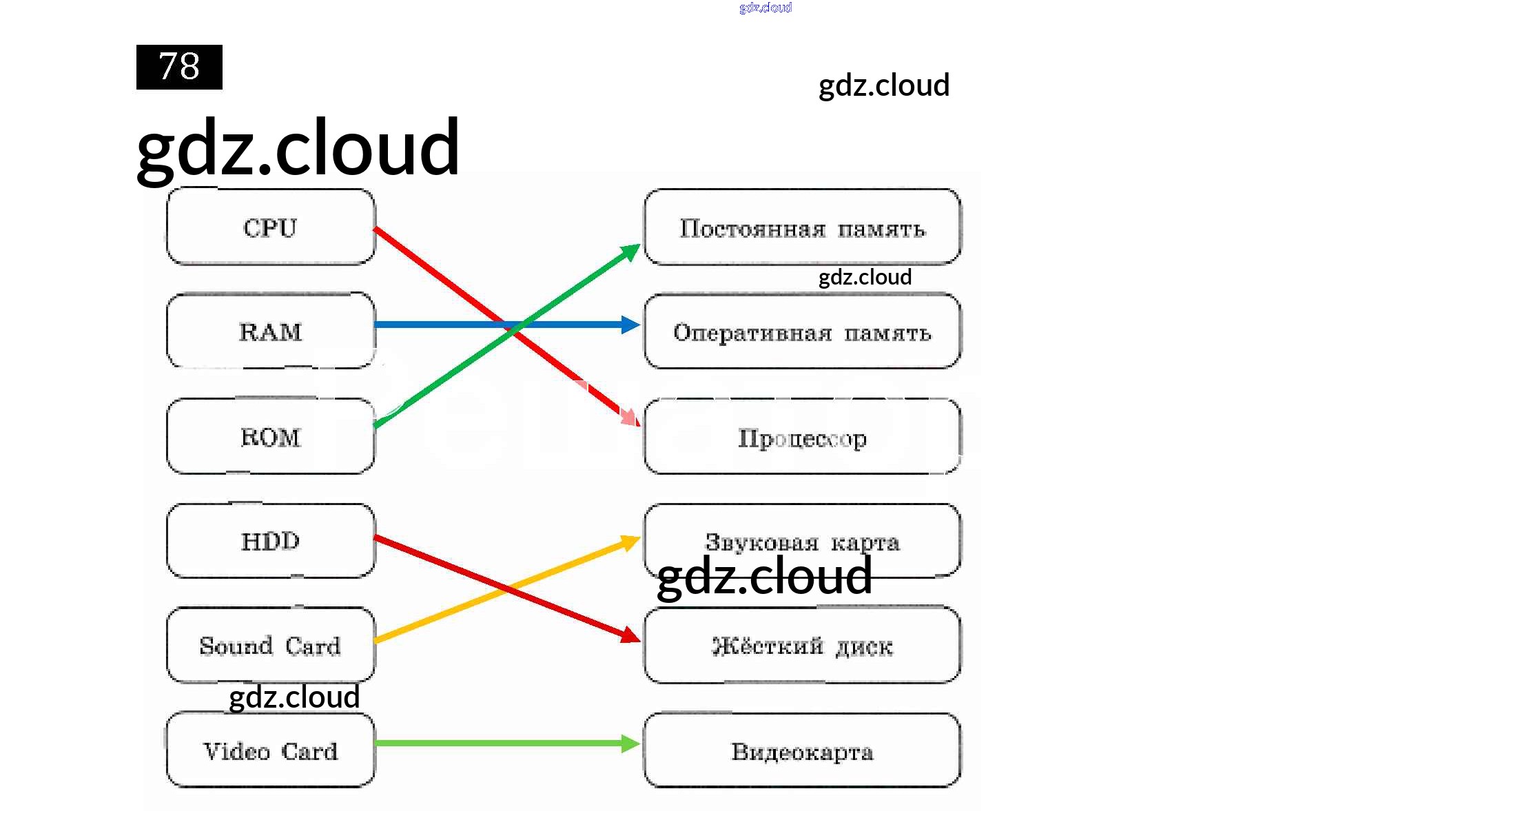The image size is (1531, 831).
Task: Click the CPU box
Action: pos(271,227)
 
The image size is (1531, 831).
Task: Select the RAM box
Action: pos(271,331)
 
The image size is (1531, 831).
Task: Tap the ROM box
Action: pos(271,436)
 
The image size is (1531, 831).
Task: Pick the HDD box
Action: pos(271,541)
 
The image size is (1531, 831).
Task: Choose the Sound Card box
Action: pos(271,646)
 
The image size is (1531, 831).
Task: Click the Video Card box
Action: pos(271,750)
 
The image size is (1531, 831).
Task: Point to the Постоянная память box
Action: pos(802,227)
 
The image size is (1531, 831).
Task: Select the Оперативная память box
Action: pos(802,332)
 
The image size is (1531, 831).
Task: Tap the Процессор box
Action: pos(802,437)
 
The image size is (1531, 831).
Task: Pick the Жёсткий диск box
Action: pos(802,646)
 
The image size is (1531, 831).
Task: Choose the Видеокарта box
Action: pos(802,751)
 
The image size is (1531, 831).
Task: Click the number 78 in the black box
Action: pos(179,67)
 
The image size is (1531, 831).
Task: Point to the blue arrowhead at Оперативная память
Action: pos(630,325)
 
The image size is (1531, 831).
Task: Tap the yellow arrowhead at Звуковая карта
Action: pos(630,542)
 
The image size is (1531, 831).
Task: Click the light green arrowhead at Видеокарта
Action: pos(630,743)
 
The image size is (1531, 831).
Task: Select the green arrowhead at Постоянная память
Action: pos(630,252)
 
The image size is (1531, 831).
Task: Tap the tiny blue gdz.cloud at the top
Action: pos(765,8)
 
